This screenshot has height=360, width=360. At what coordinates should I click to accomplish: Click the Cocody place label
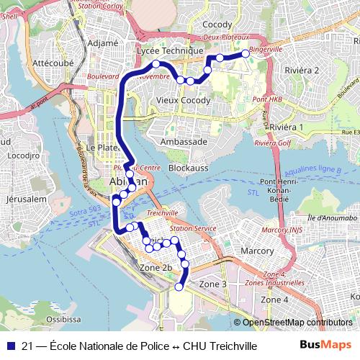tap(217, 24)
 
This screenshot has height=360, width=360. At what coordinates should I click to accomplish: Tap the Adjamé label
tap(102, 43)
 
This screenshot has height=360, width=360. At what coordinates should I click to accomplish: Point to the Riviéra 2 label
tap(302, 70)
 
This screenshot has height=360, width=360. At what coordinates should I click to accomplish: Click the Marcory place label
tap(257, 251)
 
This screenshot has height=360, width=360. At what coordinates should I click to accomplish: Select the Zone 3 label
tap(212, 284)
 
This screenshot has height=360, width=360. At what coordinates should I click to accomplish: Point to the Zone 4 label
tap(274, 299)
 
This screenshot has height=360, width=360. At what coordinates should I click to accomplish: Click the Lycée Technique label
tap(170, 51)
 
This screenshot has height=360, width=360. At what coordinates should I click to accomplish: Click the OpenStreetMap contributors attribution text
tap(297, 323)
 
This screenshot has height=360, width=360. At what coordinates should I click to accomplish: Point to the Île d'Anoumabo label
tap(331, 217)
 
